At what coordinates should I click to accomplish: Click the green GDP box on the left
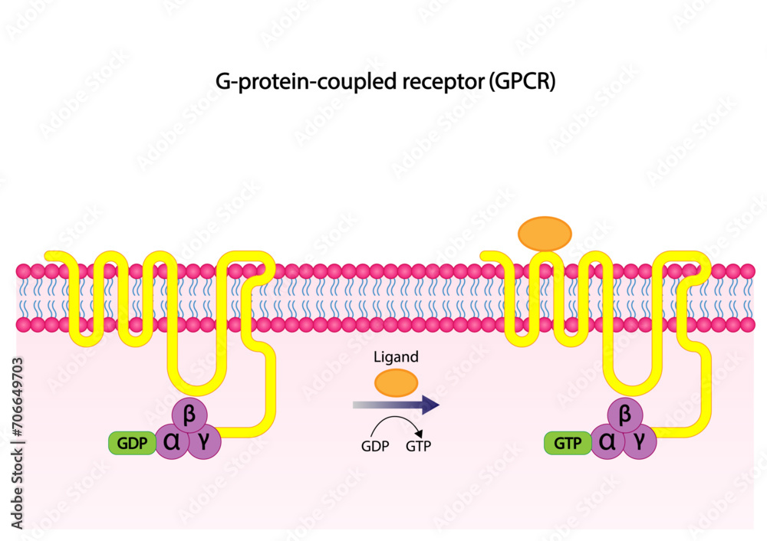pos(133,443)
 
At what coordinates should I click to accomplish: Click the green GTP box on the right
pos(568,443)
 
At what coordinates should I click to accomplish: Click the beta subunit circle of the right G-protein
pos(624,415)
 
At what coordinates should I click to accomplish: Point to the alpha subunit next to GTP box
pos(607,442)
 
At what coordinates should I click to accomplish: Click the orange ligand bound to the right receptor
pos(545,232)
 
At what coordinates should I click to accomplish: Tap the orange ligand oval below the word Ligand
pos(396,382)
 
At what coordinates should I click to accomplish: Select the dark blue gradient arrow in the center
pos(396,405)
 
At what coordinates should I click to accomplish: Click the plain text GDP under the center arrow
pos(375,447)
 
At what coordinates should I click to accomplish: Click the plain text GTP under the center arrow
pos(418,447)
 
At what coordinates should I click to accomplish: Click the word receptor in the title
pos(440,83)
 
